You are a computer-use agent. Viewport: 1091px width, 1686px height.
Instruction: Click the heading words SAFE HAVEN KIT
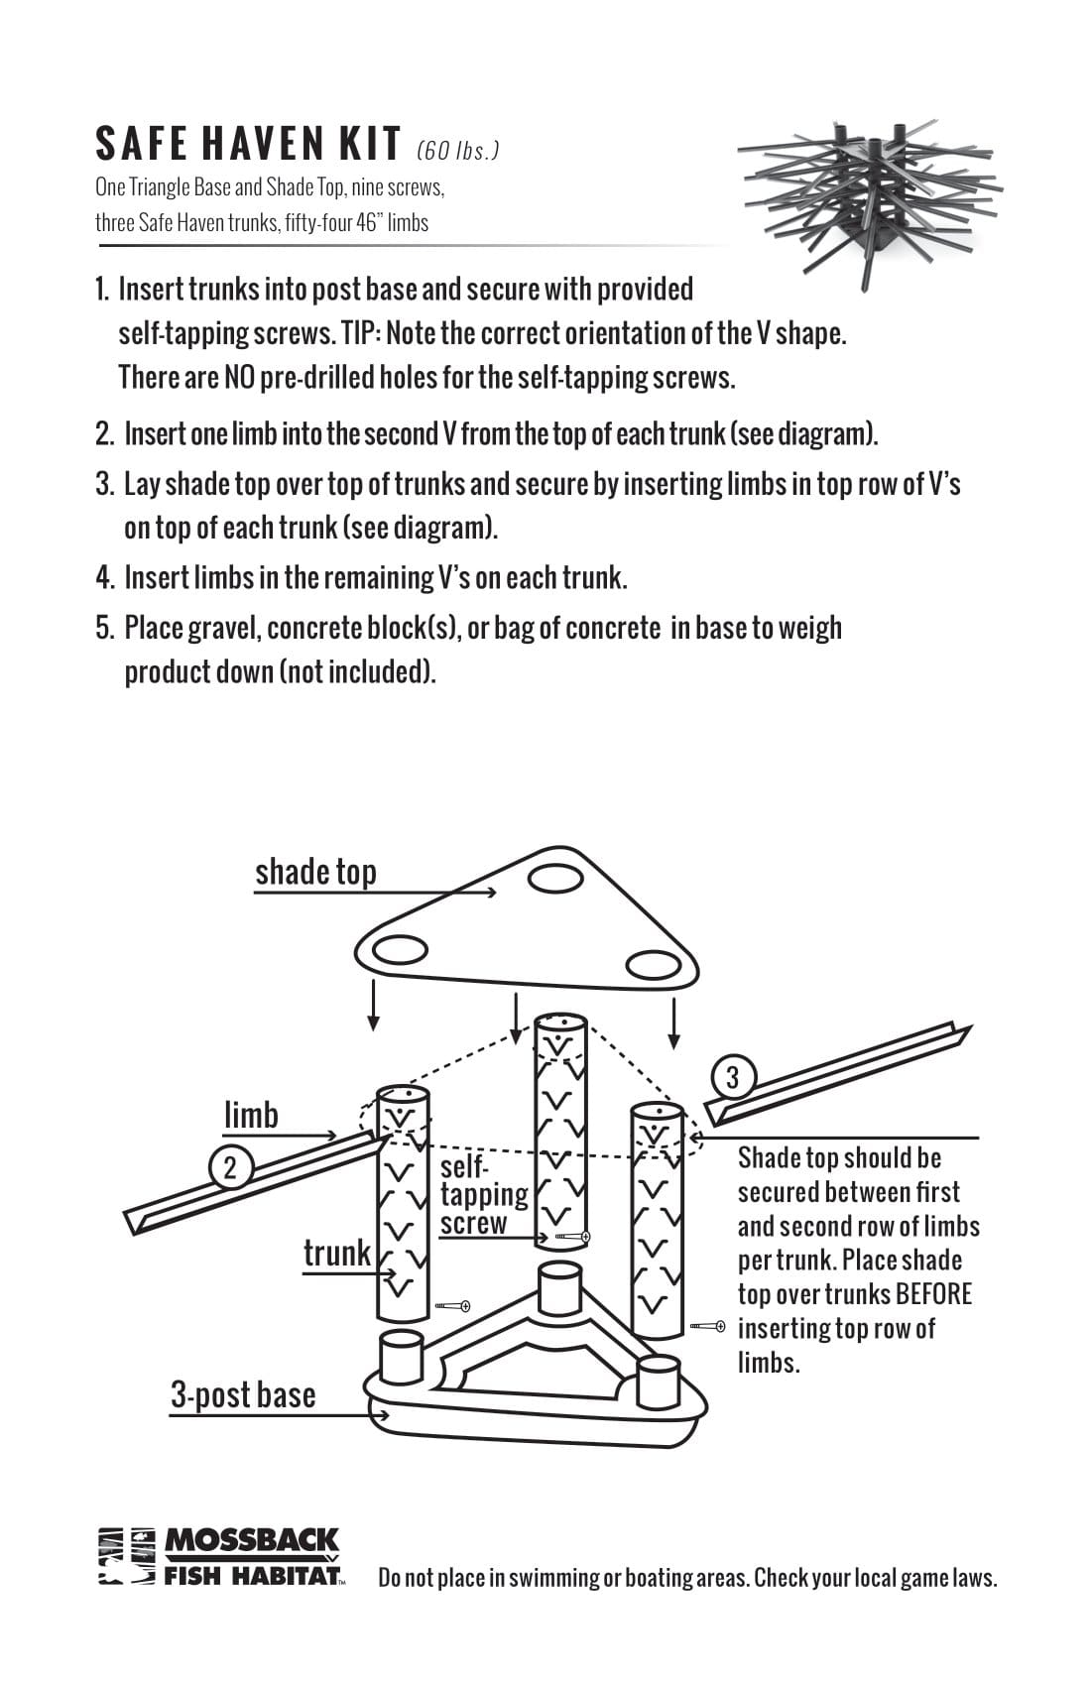pos(248,145)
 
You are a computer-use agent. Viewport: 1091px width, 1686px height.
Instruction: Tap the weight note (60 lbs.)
pos(458,151)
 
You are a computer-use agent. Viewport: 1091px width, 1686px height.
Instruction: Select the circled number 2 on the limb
pos(230,1167)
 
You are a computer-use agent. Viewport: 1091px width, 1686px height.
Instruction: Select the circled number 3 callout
pos(733,1078)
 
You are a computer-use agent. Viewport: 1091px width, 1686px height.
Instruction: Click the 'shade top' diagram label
pos(315,872)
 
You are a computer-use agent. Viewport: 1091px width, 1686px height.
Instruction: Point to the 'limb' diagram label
pos(251,1116)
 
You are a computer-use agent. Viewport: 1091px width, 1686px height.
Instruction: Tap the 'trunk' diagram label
pos(336,1253)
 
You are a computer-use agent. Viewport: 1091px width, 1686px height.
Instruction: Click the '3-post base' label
pos(243,1394)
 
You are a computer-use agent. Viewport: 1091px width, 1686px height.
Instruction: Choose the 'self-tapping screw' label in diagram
pos(483,1195)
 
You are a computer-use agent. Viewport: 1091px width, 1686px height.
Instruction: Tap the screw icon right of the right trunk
pos(709,1326)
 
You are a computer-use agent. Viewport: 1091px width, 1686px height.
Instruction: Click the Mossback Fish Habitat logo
pos(220,1556)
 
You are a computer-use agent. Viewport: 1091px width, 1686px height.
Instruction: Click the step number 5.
pos(105,628)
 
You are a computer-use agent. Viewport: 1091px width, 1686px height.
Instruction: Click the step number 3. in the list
pos(105,484)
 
